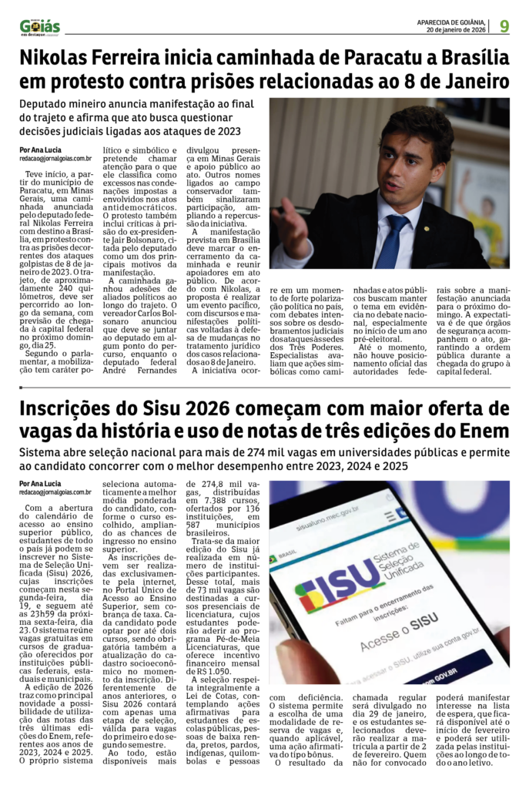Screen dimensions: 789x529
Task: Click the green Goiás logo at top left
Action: coord(39,25)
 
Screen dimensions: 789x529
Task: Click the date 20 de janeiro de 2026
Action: coord(457,31)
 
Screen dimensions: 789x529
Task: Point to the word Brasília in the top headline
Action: coord(469,58)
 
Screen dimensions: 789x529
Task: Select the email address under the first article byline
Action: coord(55,159)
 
